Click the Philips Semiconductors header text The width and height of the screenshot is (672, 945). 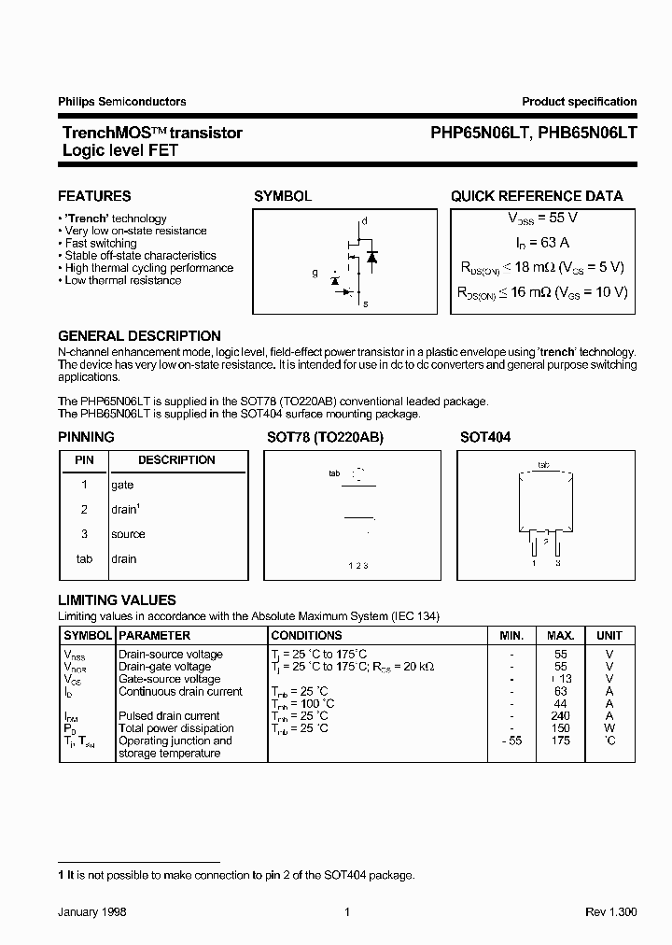121,102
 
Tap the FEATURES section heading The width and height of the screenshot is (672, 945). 94,196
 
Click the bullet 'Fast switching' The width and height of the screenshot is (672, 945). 101,243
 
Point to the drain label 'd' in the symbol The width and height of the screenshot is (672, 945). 365,221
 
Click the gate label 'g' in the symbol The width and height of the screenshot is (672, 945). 315,274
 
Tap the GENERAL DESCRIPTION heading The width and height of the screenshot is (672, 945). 139,336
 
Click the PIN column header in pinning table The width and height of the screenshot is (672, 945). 84,460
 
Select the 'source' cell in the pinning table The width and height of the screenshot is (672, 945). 128,534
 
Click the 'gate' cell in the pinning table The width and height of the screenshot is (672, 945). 122,486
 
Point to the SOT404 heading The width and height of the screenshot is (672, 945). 485,437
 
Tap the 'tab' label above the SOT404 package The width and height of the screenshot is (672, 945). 544,464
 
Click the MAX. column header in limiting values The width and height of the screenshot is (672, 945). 560,635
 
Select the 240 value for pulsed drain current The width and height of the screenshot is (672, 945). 561,716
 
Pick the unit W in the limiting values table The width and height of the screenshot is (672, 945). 609,728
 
